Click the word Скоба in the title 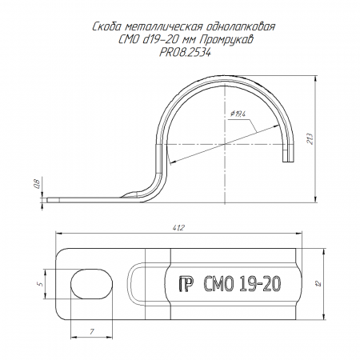coord(107,27)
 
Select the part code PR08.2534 coord(185,53)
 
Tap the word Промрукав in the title coord(226,40)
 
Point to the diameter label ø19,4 coord(238,114)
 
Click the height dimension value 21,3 coord(310,138)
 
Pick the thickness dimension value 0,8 coord(38,184)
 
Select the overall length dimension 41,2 coord(178,228)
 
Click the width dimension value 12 coord(318,283)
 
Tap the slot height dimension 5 coord(40,283)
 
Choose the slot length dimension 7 coord(92,332)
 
